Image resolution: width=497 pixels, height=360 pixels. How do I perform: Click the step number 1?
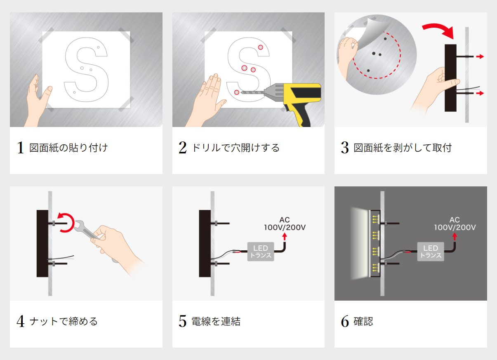click(x=20, y=148)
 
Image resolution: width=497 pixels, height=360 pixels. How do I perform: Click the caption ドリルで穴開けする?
click(x=235, y=148)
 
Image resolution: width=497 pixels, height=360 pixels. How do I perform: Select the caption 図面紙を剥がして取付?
click(x=403, y=148)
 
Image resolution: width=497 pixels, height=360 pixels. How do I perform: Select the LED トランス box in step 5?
click(x=260, y=251)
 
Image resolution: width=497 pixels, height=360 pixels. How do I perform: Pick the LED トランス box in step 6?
click(x=430, y=251)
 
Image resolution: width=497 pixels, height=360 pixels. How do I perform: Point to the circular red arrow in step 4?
click(x=66, y=223)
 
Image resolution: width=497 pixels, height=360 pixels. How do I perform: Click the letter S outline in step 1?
click(x=86, y=70)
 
